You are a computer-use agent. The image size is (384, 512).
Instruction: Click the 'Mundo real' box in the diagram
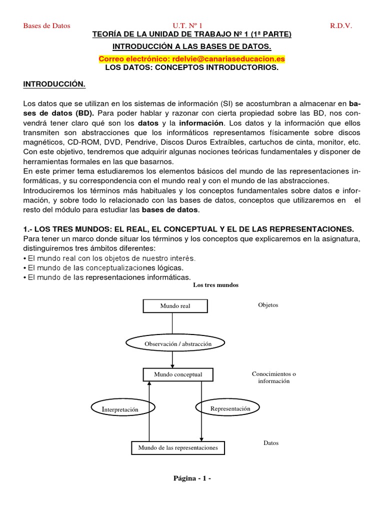tap(175, 306)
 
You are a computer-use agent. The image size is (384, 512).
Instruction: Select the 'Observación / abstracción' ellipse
tap(178, 344)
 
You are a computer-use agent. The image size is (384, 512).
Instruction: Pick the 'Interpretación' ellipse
tap(120, 409)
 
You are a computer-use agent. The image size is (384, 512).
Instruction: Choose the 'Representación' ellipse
tap(230, 408)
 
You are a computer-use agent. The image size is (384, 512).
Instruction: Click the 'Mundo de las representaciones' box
tap(178, 447)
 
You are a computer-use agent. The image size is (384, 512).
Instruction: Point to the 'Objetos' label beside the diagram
tap(268, 305)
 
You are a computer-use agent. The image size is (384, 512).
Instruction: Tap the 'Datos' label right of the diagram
tap(270, 443)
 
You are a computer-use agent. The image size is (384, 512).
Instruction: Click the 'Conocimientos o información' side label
tap(273, 377)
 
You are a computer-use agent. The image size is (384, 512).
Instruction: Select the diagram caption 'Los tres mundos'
tap(215, 285)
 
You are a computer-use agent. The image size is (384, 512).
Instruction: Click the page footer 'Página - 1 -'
tap(192, 478)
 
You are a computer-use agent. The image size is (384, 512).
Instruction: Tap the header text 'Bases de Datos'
tap(47, 25)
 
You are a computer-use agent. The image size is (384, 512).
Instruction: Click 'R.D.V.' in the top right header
tap(341, 25)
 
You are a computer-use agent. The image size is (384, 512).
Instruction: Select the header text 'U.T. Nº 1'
tap(187, 25)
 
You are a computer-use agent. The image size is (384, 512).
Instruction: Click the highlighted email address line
tap(192, 59)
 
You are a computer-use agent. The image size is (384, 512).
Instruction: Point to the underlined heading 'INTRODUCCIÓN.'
tap(54, 84)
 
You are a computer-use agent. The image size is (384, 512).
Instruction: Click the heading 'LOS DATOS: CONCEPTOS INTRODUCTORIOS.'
tap(192, 68)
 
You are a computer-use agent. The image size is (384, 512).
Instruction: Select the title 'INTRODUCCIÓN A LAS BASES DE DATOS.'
tap(192, 46)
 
